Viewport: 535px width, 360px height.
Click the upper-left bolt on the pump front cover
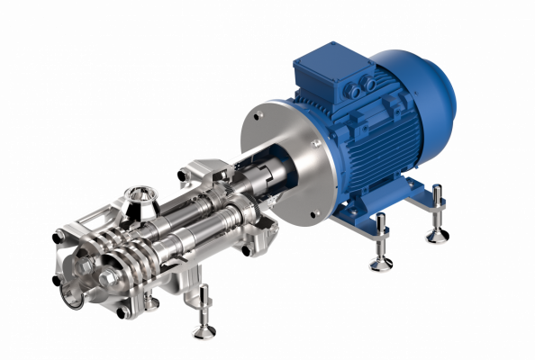pyautogui.click(x=58, y=238)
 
